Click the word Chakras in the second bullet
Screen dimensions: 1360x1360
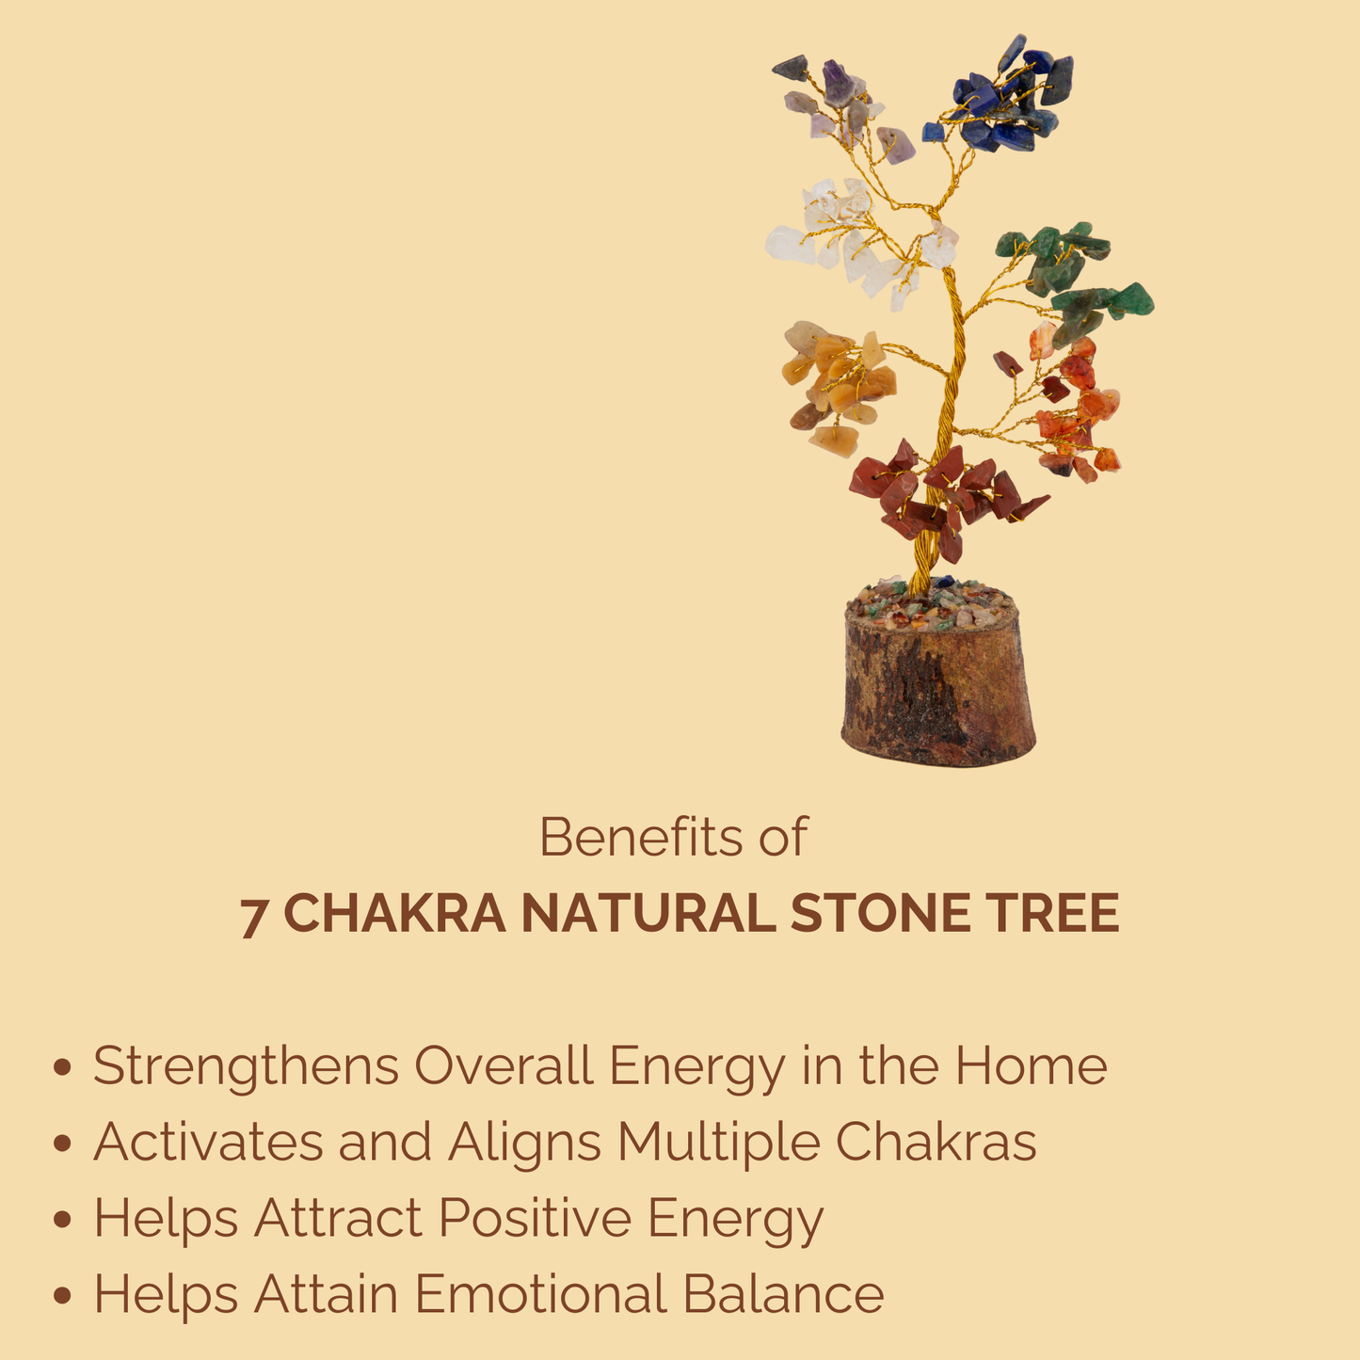click(x=936, y=1142)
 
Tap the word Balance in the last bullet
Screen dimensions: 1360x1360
click(x=783, y=1294)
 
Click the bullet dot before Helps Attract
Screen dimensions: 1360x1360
click(x=63, y=1220)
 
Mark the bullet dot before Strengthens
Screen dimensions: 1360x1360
click(x=63, y=1068)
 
